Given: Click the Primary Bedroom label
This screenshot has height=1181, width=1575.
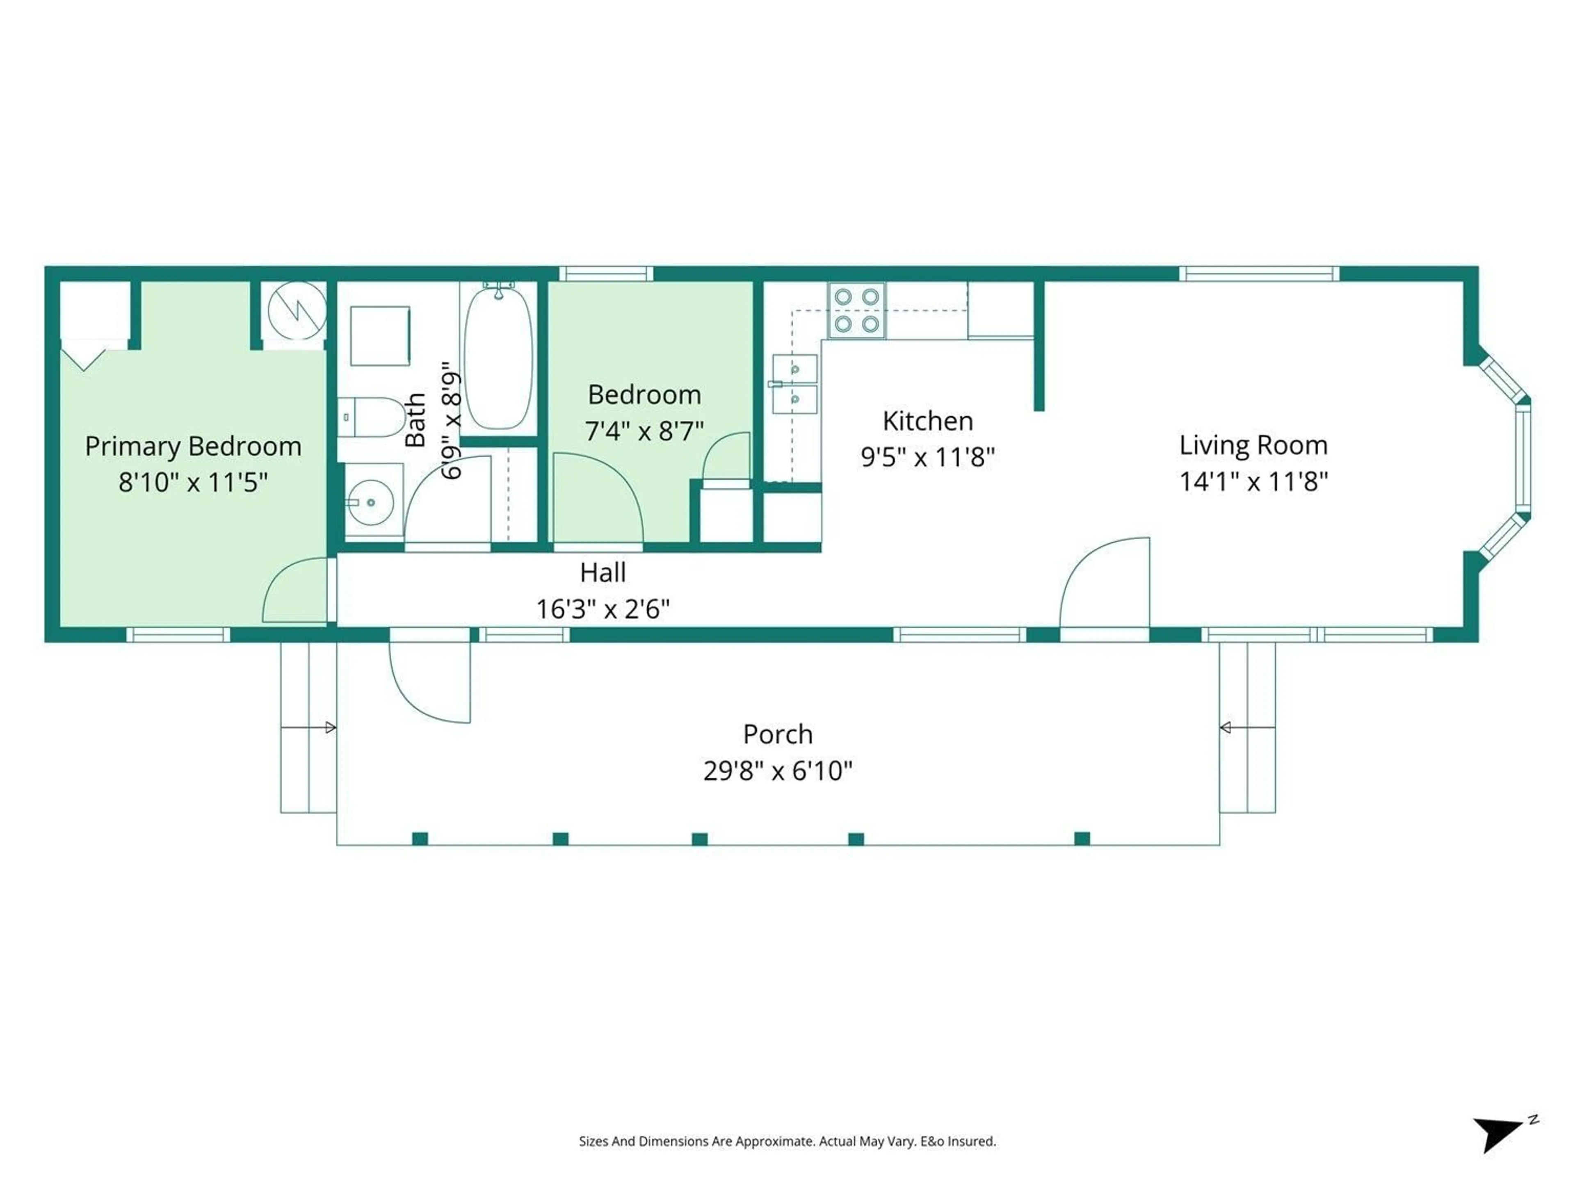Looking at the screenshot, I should click(x=193, y=446).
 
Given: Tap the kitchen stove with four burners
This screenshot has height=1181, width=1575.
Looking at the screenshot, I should click(x=856, y=310).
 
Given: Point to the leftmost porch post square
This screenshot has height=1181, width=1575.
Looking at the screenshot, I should click(x=420, y=838).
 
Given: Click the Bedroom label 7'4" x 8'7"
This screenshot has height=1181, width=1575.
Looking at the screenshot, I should click(x=644, y=431).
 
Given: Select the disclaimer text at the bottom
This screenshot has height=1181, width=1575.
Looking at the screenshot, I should click(x=787, y=1141).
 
